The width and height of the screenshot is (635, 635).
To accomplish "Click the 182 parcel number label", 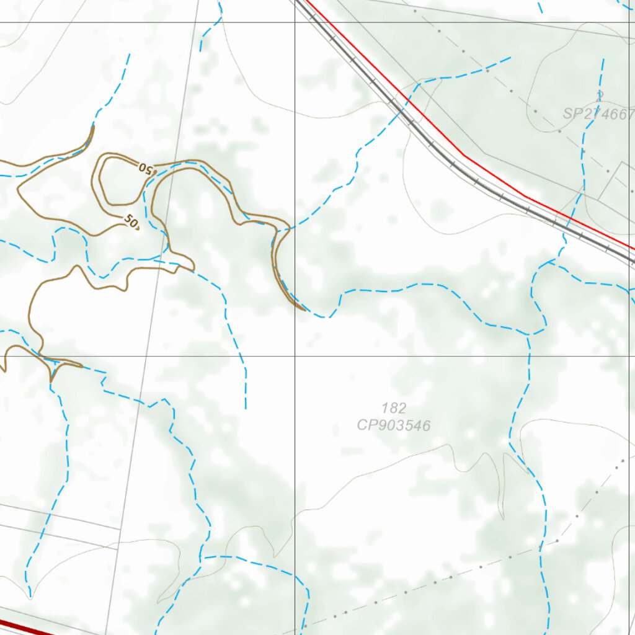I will tap(394, 408).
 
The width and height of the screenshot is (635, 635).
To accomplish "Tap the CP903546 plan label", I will tap(394, 425).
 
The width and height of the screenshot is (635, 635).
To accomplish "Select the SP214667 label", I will tap(599, 114).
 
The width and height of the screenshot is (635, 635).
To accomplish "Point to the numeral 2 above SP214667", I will tap(600, 95).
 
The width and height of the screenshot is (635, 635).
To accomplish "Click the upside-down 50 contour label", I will tap(145, 167).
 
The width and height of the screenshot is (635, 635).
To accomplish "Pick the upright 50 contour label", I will tap(131, 220).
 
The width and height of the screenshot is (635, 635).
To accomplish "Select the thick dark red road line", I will tap(25, 628).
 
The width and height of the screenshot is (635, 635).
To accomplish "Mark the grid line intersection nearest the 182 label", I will tap(295, 356).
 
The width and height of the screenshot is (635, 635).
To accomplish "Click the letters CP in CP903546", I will tap(365, 425).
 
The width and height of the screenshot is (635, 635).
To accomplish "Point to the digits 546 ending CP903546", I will tap(418, 425).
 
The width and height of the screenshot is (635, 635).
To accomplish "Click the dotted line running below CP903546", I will tap(434, 583).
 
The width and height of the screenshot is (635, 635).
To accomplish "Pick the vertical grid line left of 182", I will tap(295, 434).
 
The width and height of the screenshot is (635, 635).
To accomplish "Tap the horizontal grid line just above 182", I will tap(403, 356).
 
